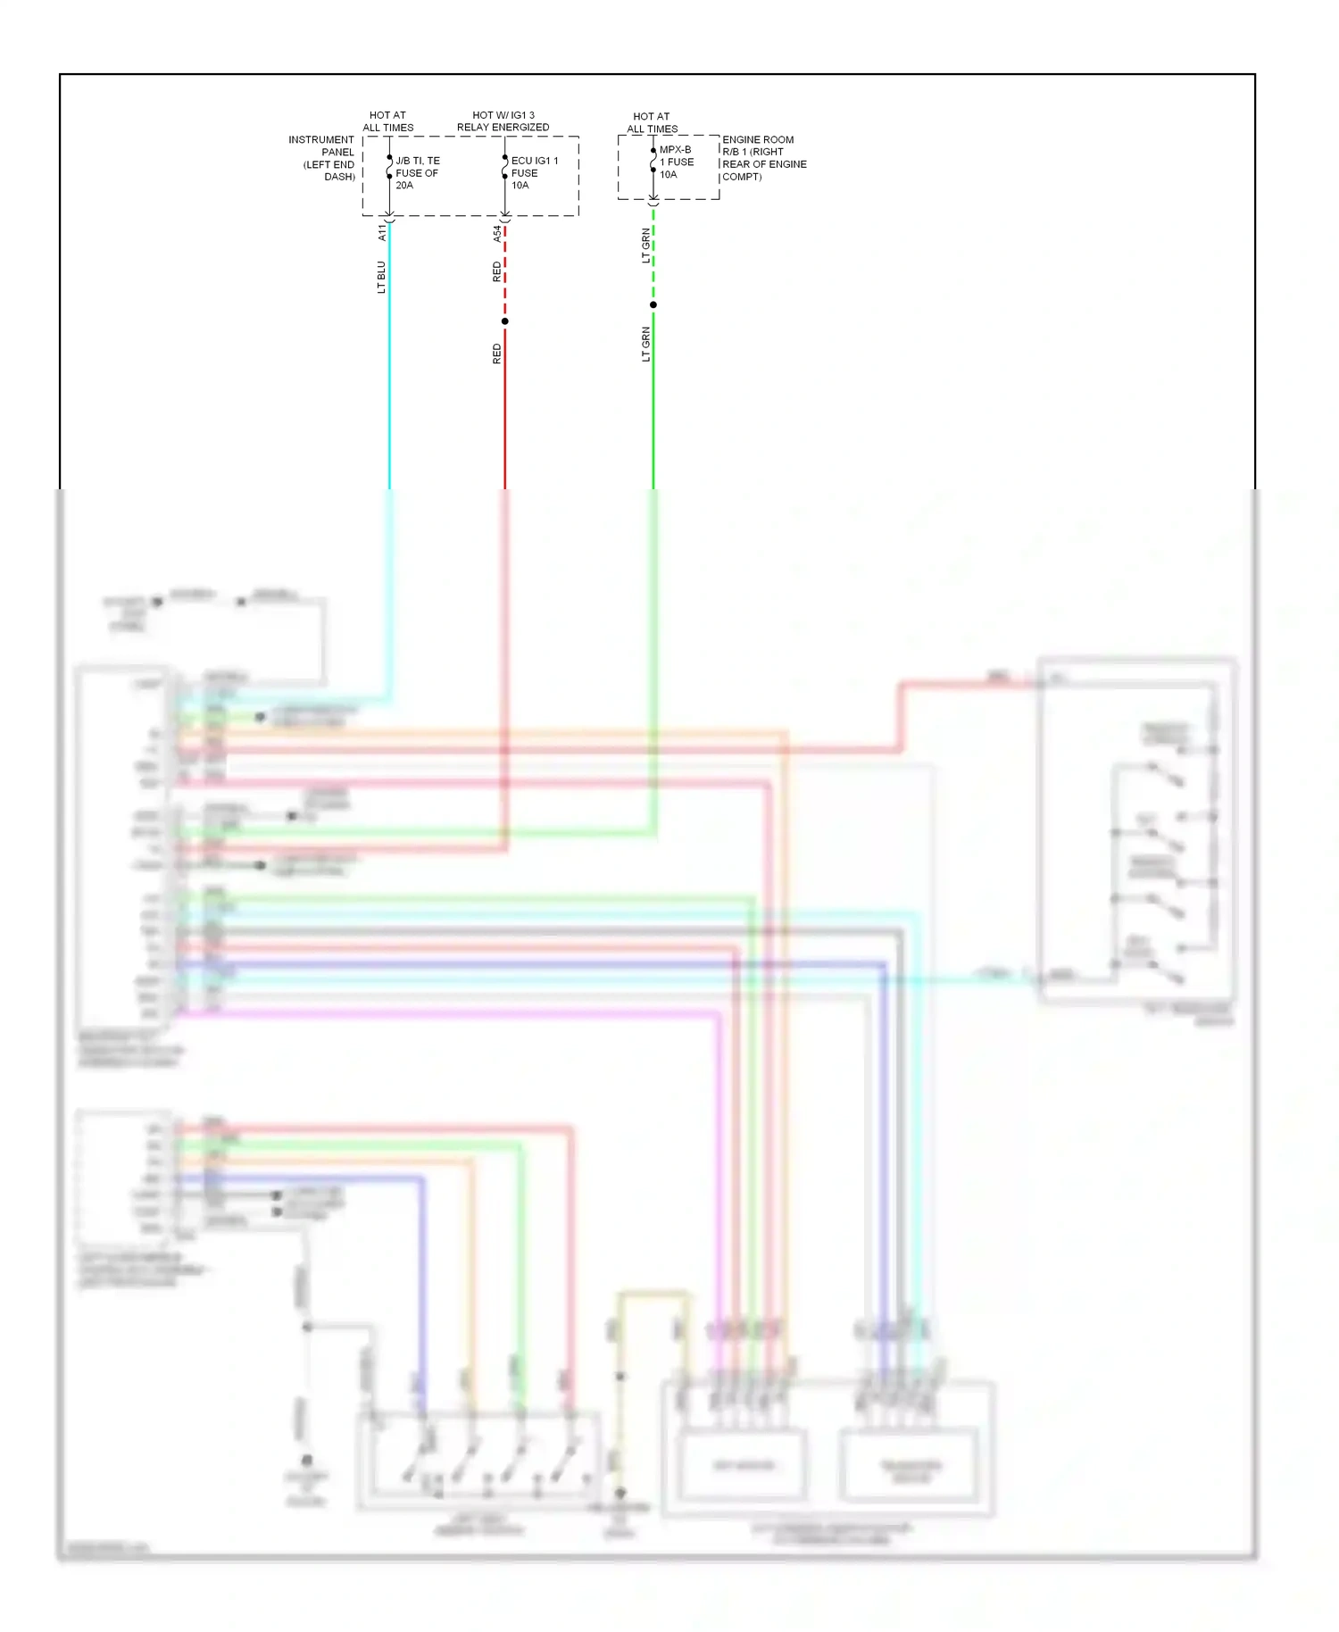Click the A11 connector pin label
(382, 232)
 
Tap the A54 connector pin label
(497, 233)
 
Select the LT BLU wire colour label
(381, 277)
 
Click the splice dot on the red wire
(505, 321)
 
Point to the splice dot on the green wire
(653, 305)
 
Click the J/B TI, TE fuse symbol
(389, 168)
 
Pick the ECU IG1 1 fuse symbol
(505, 168)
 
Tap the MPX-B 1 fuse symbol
(653, 161)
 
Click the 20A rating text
(404, 186)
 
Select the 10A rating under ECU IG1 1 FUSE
(520, 186)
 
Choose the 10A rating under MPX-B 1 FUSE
(669, 175)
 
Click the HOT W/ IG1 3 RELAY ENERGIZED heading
(503, 121)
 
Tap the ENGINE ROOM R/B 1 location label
(764, 158)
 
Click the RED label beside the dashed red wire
(497, 272)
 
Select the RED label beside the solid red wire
(497, 354)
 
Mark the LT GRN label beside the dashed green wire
(645, 246)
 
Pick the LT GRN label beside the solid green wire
(645, 344)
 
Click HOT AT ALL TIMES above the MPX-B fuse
(652, 122)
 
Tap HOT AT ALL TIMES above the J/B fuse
(388, 121)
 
